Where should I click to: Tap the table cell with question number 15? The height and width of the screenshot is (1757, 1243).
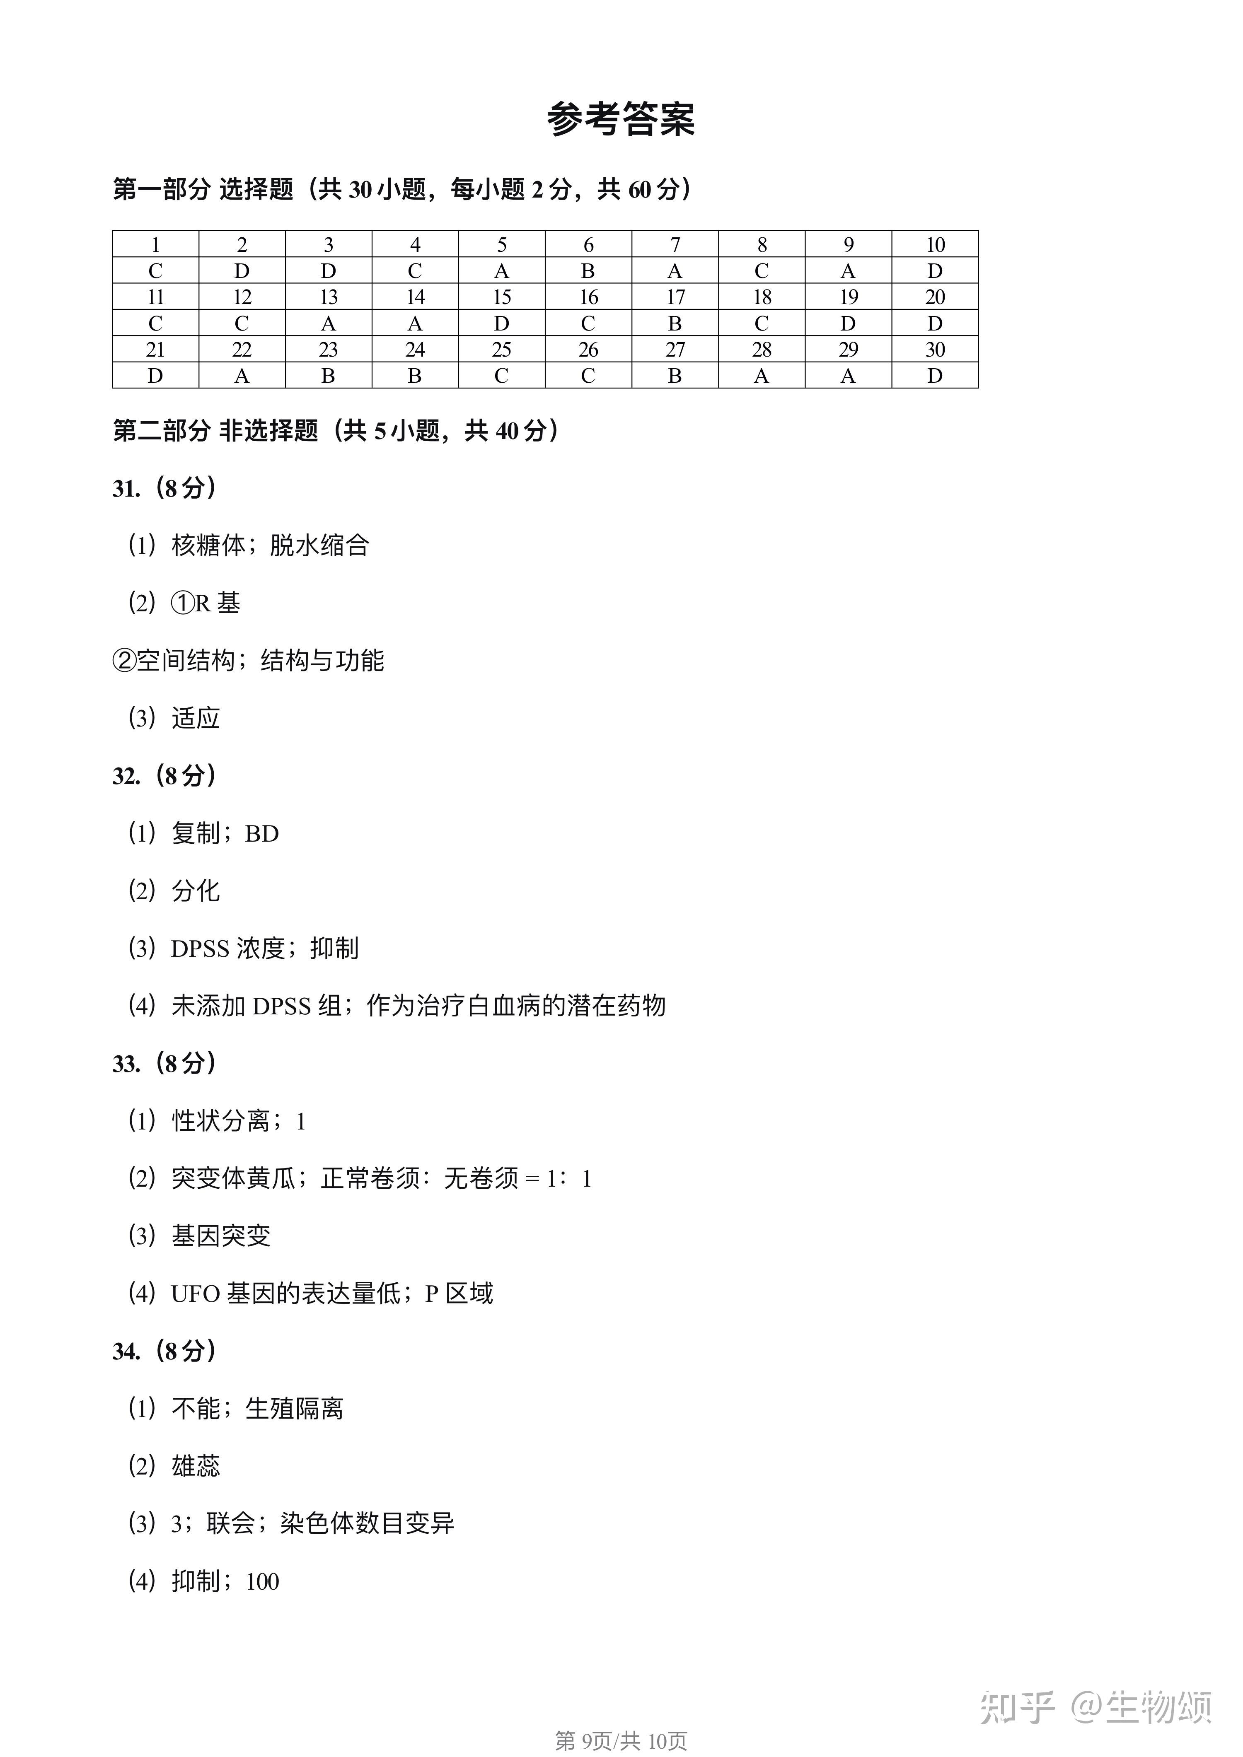(501, 297)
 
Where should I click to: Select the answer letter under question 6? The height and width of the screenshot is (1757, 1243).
(588, 271)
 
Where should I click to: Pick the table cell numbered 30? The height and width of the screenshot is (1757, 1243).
(935, 350)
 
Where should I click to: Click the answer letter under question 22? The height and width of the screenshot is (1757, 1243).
(242, 376)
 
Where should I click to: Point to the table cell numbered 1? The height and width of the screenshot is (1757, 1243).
(155, 245)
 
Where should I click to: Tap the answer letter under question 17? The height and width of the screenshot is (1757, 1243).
(674, 324)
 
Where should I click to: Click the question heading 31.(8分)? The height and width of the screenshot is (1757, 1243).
(164, 488)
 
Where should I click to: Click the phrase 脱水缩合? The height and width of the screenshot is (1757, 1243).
(320, 545)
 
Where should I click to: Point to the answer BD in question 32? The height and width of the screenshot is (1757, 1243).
(262, 833)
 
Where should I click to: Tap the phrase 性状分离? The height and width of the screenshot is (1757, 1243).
(220, 1121)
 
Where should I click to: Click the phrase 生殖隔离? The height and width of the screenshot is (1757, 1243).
(295, 1409)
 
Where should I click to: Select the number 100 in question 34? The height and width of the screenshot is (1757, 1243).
(263, 1581)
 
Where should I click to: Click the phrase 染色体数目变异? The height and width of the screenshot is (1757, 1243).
(368, 1523)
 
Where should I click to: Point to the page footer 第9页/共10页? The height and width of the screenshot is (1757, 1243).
(621, 1741)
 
